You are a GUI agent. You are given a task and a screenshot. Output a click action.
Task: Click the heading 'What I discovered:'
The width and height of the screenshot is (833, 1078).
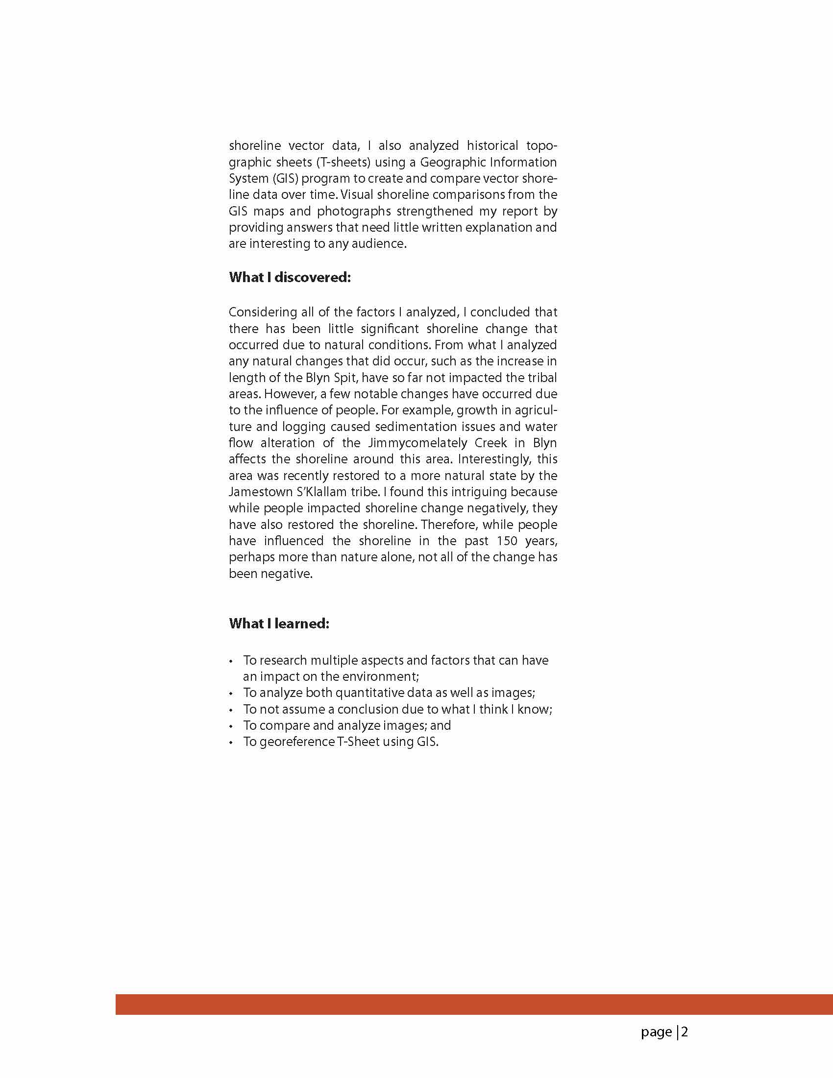tap(290, 277)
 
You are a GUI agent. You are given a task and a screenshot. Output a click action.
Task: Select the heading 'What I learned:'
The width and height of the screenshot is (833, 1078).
tap(279, 623)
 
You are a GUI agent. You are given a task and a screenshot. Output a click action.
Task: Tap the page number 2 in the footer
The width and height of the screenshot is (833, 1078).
tap(685, 1032)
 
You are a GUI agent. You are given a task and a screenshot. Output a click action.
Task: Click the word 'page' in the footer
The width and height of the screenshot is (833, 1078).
tap(656, 1032)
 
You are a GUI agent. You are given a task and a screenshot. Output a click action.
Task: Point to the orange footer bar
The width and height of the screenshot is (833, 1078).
tap(474, 1005)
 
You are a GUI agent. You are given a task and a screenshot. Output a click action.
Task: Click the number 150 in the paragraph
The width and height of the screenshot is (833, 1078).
tap(507, 541)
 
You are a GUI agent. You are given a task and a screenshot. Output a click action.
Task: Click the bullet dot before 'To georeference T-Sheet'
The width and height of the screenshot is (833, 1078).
tap(231, 743)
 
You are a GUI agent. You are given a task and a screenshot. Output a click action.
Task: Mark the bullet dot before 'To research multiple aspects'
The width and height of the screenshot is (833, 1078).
tap(231, 661)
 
